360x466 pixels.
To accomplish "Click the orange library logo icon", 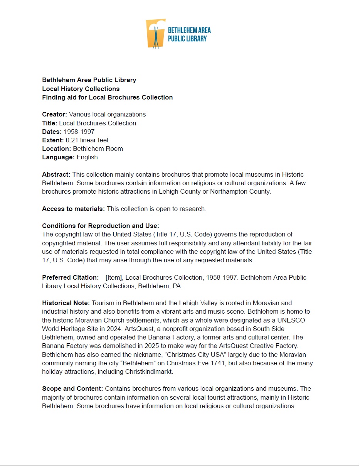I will [x=155, y=34].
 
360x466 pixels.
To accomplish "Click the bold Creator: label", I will [x=55, y=115].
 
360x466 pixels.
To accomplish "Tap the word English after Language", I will [x=87, y=157].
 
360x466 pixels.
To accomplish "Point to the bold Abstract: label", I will [x=56, y=174].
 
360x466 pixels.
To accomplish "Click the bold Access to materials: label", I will [x=73, y=209].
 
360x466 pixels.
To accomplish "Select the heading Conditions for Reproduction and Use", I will [x=101, y=226].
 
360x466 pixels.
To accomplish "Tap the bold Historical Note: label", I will [x=66, y=303].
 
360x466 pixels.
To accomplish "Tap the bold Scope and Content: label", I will [x=72, y=388].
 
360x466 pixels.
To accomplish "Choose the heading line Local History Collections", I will [x=81, y=89].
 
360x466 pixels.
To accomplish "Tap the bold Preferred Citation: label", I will [x=71, y=277].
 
